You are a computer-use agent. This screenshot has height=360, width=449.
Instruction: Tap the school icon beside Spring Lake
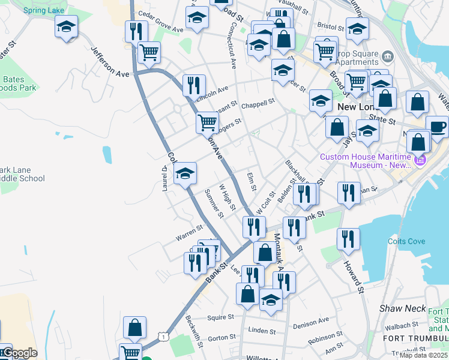(x=67, y=26)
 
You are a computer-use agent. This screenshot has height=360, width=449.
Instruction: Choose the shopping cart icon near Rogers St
(x=207, y=122)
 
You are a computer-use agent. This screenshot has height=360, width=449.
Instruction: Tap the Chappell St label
(x=258, y=102)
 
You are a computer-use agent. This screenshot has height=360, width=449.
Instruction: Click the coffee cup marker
(x=437, y=127)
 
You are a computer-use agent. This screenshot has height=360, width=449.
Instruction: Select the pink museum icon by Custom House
(x=419, y=160)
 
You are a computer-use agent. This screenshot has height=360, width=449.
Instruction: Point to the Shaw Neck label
(x=398, y=308)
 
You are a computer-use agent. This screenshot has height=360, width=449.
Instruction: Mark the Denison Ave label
(x=312, y=322)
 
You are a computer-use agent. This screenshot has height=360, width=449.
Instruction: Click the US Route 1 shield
(x=163, y=338)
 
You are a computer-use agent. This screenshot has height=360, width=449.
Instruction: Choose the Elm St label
(x=252, y=181)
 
